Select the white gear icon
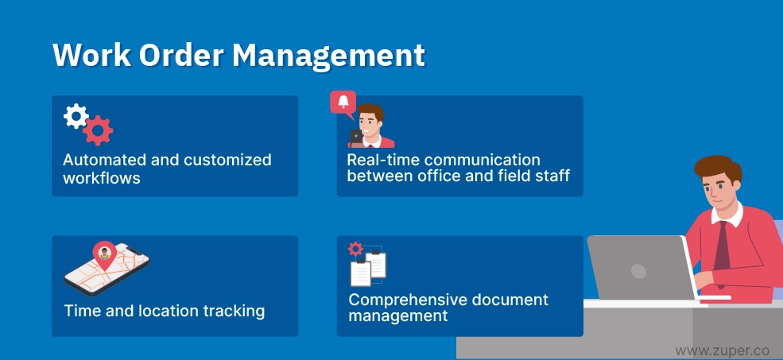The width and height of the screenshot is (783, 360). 76,116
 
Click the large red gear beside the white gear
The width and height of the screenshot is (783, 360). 98,130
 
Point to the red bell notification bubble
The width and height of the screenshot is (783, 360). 343,103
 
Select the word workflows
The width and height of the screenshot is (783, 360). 102,178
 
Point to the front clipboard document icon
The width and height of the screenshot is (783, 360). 361,273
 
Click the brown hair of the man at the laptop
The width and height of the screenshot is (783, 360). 718,166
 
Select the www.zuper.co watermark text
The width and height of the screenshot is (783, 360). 722,351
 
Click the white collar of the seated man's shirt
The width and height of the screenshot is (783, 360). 728,215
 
